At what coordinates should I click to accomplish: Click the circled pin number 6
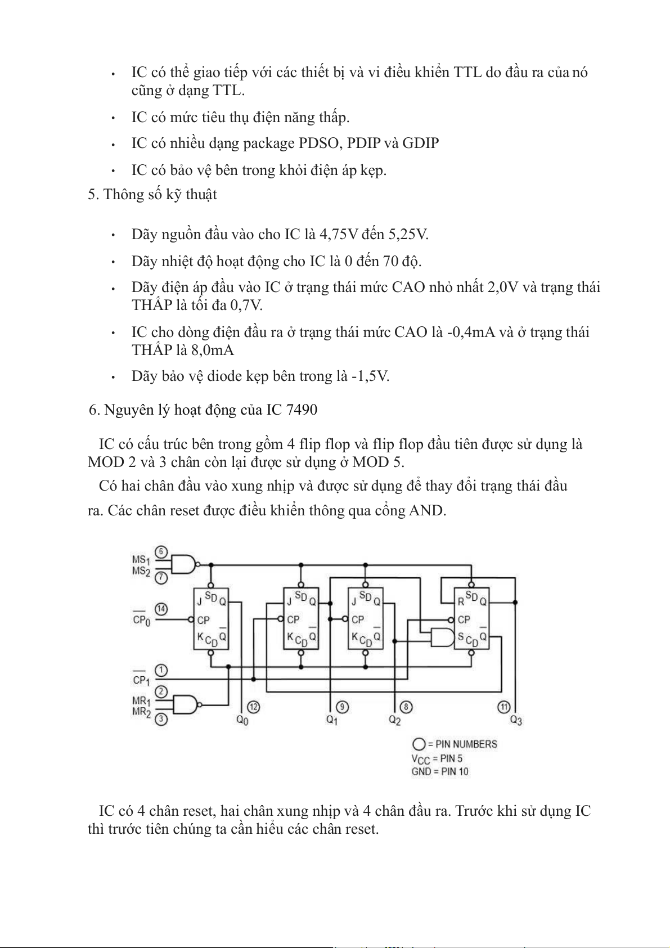coord(161,551)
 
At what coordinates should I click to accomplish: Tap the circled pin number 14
coord(161,609)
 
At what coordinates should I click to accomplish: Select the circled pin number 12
coord(254,707)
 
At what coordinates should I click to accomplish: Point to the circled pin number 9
coord(342,707)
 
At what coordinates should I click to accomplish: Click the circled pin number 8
coord(405,707)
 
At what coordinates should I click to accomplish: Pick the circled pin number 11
coord(504,707)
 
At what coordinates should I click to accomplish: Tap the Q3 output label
coord(516,720)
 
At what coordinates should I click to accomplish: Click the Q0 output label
coord(242,720)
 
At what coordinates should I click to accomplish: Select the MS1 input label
coord(141,560)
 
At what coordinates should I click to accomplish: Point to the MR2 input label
coord(141,712)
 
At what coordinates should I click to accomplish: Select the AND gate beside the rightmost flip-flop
coord(442,637)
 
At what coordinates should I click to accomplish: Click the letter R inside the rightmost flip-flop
coord(461,601)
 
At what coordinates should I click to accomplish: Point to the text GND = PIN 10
coord(439,771)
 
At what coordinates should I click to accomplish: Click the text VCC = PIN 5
coord(437,758)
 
